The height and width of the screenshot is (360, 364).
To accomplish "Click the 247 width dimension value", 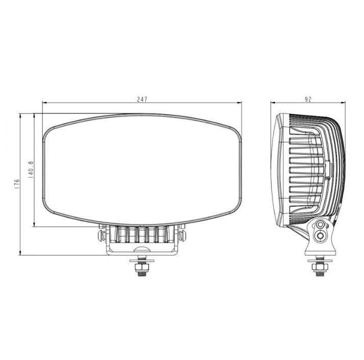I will coord(142,99).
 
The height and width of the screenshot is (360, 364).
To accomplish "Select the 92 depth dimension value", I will coord(307,99).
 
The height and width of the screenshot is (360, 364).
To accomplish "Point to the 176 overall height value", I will coord(17,184).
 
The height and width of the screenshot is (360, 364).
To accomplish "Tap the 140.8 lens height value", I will coord(31,170).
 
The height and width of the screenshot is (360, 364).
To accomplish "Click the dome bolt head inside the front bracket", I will coord(142,250).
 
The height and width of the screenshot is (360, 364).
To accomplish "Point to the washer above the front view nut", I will coord(142,260).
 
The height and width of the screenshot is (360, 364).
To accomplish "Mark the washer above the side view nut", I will coord(320,260).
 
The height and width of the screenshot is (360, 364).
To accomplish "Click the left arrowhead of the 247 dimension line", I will coord(44,103).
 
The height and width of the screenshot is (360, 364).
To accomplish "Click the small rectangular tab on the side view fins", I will coord(329,170).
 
